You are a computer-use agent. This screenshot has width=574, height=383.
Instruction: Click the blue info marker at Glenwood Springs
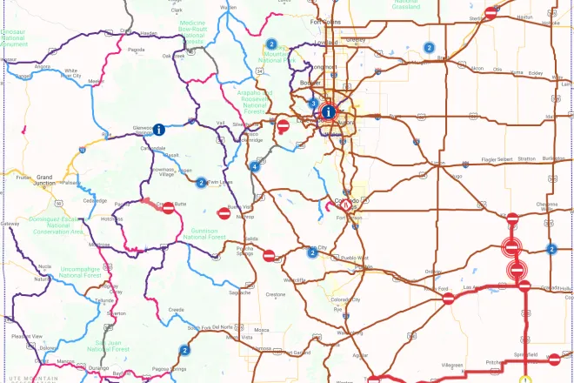coord(160,130)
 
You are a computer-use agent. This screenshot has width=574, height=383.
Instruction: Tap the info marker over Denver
coord(328,111)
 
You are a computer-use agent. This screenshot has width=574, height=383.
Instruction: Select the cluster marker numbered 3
coord(313,104)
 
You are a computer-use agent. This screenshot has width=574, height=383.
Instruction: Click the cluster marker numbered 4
coord(254,166)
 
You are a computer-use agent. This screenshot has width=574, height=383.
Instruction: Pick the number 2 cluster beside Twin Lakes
coord(201,183)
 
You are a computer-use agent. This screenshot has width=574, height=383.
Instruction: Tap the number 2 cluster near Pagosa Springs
coord(184,350)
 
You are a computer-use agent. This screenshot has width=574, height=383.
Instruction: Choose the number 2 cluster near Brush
coord(429,48)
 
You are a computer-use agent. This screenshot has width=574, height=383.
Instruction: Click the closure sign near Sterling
coord(491,13)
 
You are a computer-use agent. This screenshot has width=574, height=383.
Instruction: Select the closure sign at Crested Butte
coord(168,207)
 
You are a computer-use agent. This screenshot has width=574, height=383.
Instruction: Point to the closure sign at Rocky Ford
coord(448,299)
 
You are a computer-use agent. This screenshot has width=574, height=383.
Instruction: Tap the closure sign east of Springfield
coord(554,358)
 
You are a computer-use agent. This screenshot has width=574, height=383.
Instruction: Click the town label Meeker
coord(96,82)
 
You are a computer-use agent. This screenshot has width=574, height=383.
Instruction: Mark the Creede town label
coord(177,309)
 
